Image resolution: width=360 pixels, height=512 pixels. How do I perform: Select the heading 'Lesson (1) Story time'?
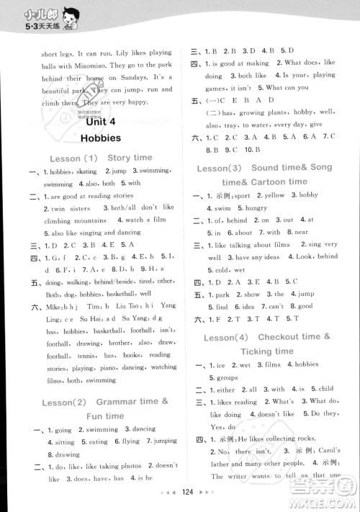pos(100,157)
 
